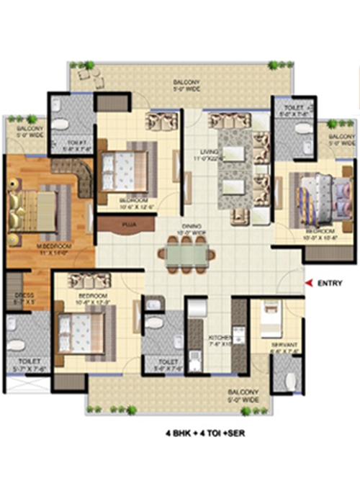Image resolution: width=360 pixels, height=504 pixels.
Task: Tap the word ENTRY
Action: point(328,284)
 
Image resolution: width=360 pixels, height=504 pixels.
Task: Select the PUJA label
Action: point(130,224)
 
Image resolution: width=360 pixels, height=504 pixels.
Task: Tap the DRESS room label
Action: point(20,297)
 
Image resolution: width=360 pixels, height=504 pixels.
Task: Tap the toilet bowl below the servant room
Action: point(289,380)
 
